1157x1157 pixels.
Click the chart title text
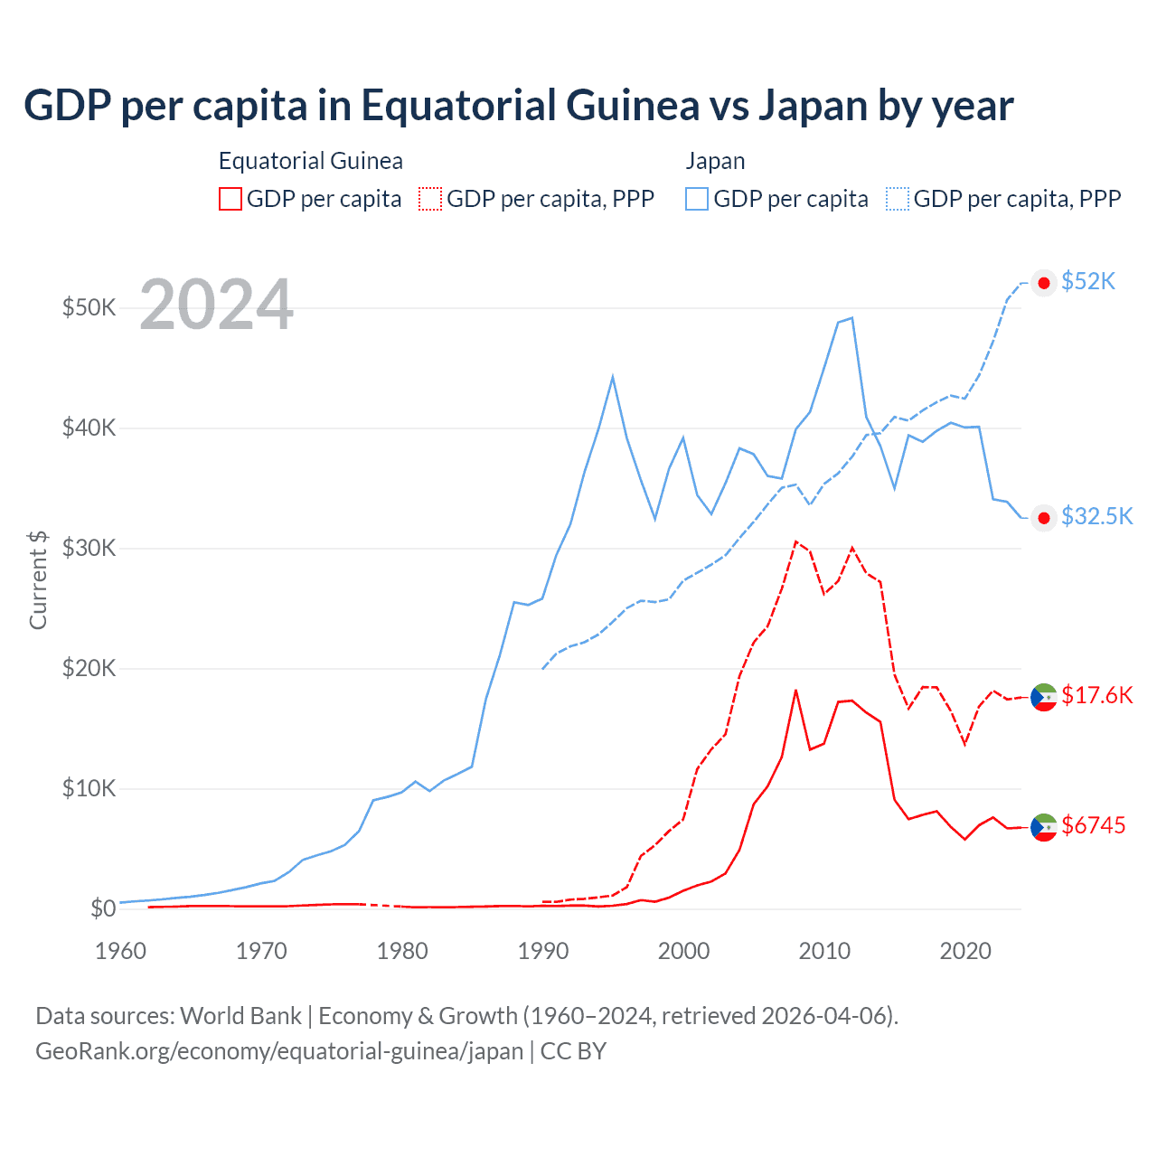518,106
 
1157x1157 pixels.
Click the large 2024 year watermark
216,306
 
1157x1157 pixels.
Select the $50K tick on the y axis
89,307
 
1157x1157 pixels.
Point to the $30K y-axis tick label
89,549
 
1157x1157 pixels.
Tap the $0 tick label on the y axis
103,908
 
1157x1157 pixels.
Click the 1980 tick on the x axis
402,951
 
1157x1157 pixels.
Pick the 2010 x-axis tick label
824,951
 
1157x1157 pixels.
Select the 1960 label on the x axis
120,951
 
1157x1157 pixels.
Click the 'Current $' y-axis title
38,579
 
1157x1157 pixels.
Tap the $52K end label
1088,282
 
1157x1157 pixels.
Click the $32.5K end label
1096,516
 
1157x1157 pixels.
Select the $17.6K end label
1096,695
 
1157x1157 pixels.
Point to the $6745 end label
1093,825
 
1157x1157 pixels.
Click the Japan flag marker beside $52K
1044,283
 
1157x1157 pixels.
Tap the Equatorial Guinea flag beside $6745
1044,826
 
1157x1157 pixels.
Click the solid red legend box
230,199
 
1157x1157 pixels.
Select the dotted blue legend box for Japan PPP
898,199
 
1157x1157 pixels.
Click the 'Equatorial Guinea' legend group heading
310,161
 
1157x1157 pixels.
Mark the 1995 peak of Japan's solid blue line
613,377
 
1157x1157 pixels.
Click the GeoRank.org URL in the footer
279,1051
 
